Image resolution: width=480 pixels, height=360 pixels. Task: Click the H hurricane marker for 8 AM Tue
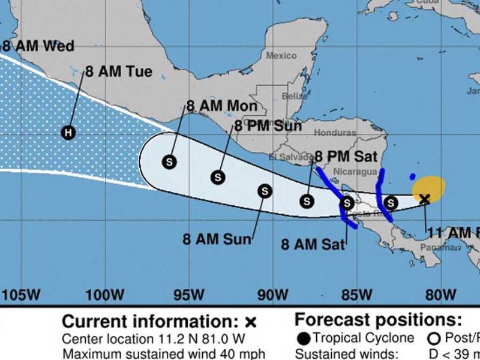[69, 133]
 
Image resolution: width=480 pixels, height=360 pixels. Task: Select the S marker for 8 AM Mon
[170, 161]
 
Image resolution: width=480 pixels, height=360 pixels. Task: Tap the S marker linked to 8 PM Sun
[218, 177]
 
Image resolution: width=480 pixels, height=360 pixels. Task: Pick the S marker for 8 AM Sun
[264, 191]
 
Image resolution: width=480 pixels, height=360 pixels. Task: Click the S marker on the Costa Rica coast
[347, 203]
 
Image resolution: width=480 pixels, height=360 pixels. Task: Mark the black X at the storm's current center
[425, 199]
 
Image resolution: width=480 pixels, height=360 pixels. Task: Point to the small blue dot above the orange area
[412, 176]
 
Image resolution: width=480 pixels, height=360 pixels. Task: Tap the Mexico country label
[281, 56]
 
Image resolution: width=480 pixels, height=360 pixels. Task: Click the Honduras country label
[334, 133]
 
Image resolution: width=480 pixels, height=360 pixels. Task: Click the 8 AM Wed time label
[37, 46]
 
